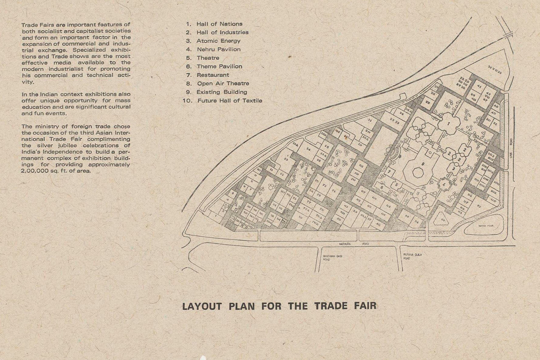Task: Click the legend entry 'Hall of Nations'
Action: coord(219,24)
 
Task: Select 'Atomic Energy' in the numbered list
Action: coord(218,41)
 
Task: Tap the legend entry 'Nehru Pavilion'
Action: coord(219,49)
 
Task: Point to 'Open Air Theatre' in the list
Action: coord(223,84)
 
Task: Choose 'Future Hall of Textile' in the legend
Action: coord(230,101)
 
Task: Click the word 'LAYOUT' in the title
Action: coord(202,306)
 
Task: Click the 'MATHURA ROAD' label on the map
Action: coord(354,244)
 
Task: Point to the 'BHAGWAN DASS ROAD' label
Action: coord(333,257)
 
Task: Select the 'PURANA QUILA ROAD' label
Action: coord(412,256)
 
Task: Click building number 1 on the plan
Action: coord(448,124)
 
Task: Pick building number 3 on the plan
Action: coord(454,168)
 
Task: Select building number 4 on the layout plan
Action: coord(444,184)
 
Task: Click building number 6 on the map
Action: coord(382,187)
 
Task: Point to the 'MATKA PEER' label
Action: coord(486,226)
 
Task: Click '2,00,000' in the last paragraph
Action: coord(35,171)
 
